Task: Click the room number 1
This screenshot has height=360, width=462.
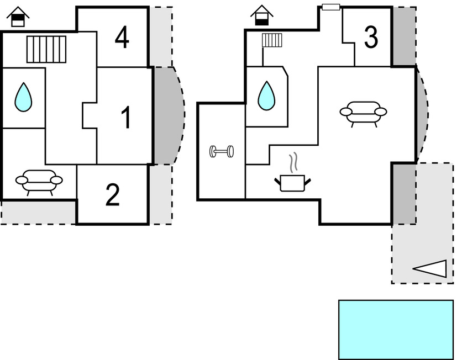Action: [127, 118]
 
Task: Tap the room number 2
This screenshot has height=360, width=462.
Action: [112, 195]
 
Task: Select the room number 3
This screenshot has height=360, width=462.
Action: [371, 38]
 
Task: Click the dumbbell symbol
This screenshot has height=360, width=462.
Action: [222, 151]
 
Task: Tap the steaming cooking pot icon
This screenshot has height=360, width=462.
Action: [292, 182]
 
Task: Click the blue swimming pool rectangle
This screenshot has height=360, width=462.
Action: [395, 329]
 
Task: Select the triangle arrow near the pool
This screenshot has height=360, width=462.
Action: [430, 269]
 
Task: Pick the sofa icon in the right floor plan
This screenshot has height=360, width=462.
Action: [363, 112]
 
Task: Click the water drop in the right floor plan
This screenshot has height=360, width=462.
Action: [267, 95]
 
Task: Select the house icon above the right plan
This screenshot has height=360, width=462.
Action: [261, 15]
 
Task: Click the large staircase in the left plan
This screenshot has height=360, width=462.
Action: [46, 49]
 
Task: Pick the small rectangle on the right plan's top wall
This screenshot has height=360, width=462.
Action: [330, 7]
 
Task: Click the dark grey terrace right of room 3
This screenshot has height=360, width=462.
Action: [403, 36]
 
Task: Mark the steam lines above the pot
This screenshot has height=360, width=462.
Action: [295, 162]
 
